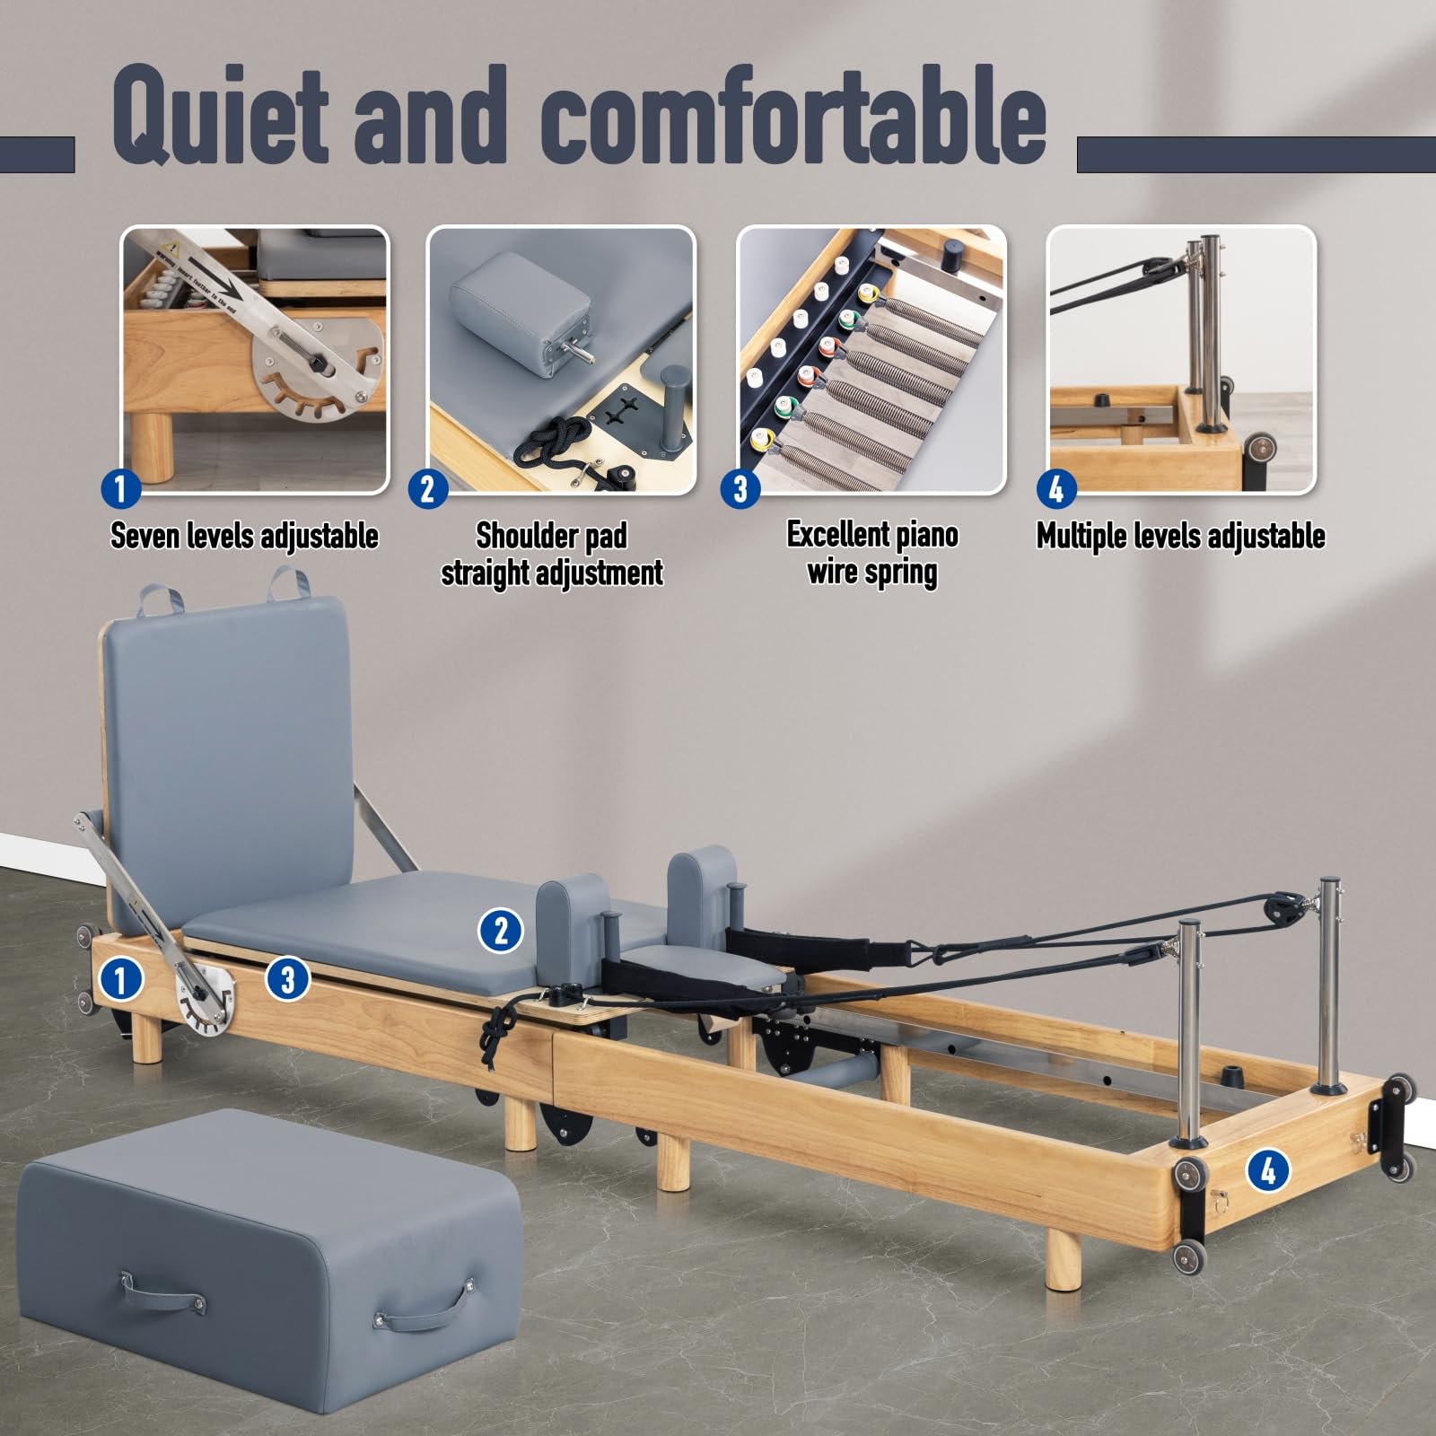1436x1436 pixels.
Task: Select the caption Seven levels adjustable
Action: pyautogui.click(x=244, y=536)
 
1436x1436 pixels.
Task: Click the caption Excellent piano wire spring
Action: pyautogui.click(x=872, y=553)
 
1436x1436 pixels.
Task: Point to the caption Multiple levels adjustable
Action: pyautogui.click(x=1181, y=536)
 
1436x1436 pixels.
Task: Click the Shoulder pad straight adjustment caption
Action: pyautogui.click(x=552, y=554)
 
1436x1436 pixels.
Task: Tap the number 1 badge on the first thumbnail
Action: pyautogui.click(x=122, y=490)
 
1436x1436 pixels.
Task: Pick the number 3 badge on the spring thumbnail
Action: pyautogui.click(x=741, y=490)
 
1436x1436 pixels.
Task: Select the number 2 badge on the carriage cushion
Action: pyautogui.click(x=501, y=930)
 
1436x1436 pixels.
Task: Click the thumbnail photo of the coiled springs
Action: pyautogui.click(x=871, y=359)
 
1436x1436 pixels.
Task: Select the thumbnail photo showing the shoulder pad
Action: pyautogui.click(x=561, y=359)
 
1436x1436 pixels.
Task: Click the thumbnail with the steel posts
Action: pyautogui.click(x=1181, y=359)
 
